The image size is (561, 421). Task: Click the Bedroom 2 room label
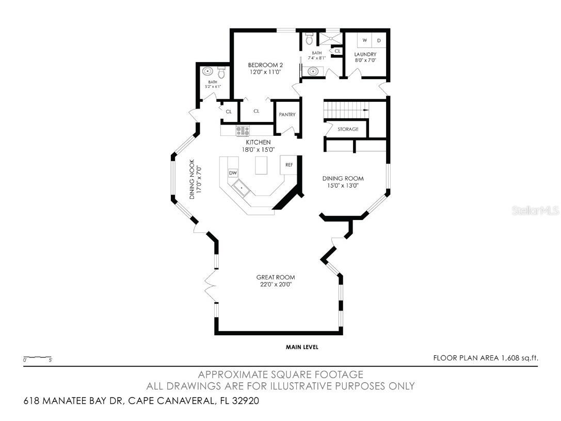click(265, 65)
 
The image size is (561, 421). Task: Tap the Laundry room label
click(365, 54)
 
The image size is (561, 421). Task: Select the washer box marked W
click(364, 40)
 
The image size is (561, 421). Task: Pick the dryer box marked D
click(378, 40)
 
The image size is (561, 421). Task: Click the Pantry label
click(287, 115)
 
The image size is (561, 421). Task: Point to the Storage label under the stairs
click(348, 129)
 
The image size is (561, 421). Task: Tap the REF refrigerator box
click(289, 165)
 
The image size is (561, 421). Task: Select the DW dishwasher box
click(233, 173)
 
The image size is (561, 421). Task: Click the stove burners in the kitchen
click(243, 131)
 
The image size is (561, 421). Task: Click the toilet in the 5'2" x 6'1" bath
click(222, 71)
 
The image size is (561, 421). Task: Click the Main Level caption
click(302, 347)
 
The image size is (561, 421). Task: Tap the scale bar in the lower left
click(37, 357)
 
